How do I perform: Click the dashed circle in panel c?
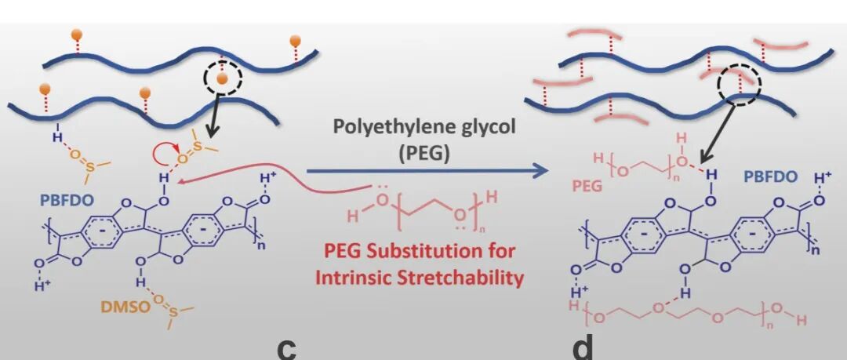[224, 77]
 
